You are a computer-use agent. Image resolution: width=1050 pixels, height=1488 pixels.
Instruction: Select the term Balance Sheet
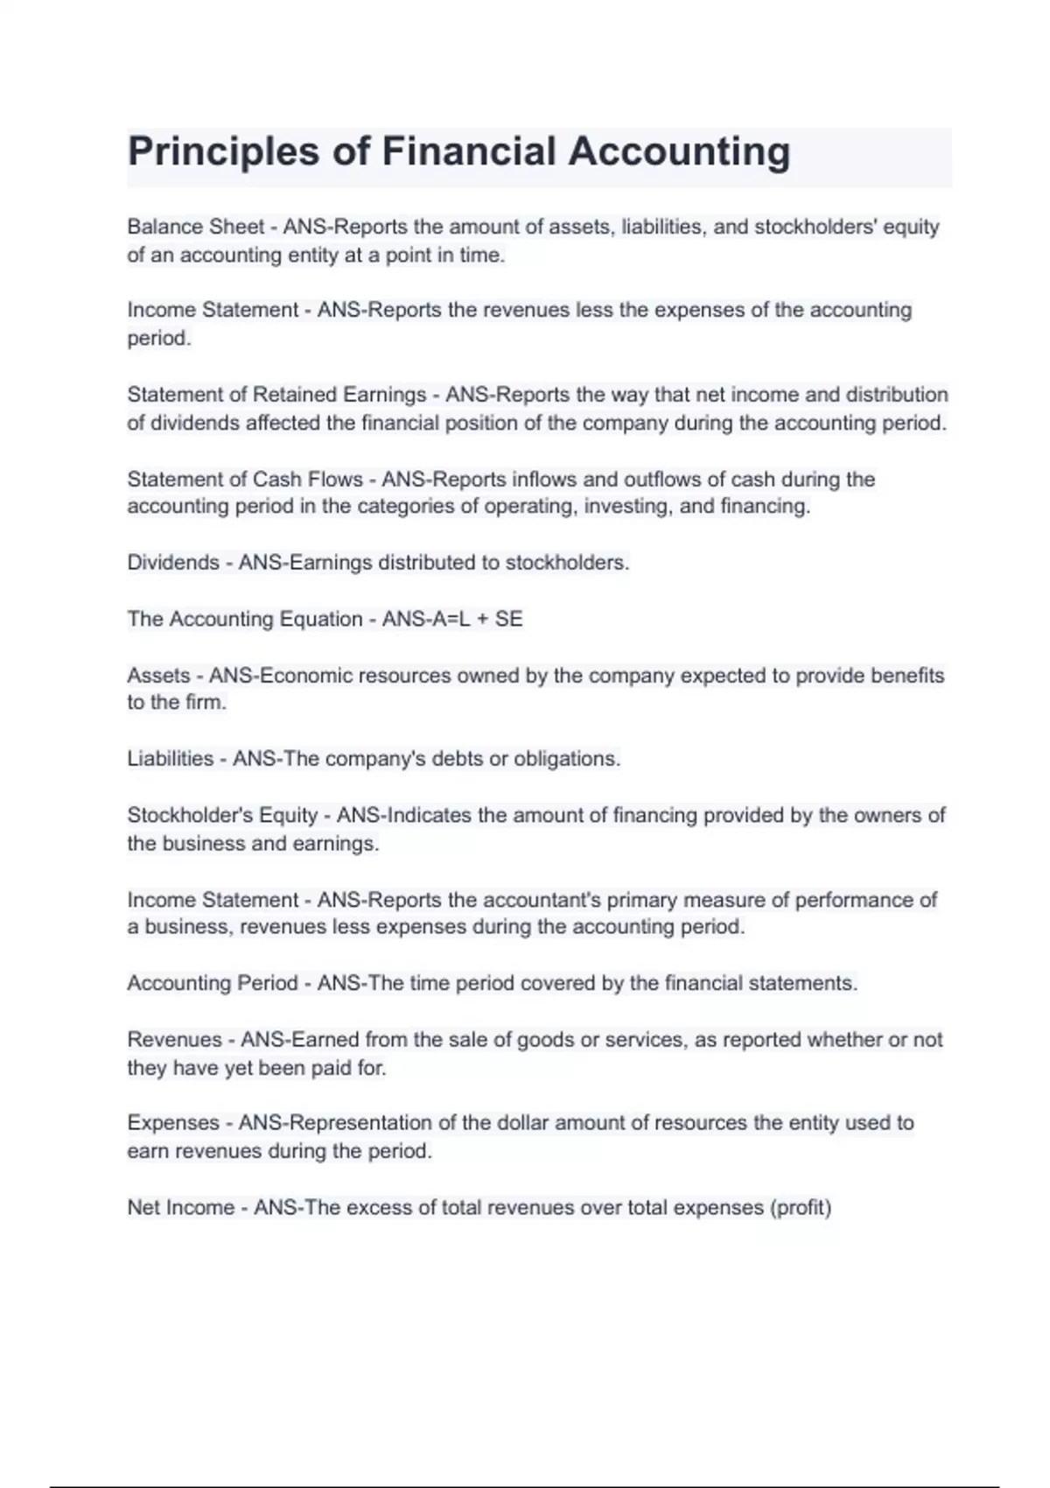pyautogui.click(x=195, y=227)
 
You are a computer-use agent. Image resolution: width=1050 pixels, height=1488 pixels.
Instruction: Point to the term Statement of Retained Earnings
pyautogui.click(x=276, y=395)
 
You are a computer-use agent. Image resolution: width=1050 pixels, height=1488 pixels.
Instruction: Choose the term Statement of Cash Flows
pyautogui.click(x=245, y=480)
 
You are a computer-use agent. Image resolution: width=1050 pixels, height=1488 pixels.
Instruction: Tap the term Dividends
pyautogui.click(x=173, y=563)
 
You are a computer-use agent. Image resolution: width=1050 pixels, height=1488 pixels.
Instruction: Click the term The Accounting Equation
pyautogui.click(x=245, y=620)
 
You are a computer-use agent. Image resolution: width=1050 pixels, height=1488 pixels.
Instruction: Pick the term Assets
pyautogui.click(x=158, y=676)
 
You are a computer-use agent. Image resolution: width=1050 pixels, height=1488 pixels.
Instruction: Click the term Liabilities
pyautogui.click(x=171, y=759)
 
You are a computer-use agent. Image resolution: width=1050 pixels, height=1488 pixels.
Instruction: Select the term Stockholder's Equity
pyautogui.click(x=222, y=816)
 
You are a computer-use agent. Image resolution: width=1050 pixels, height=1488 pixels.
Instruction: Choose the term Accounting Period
pyautogui.click(x=213, y=984)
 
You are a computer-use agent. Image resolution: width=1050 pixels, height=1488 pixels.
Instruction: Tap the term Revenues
pyautogui.click(x=175, y=1040)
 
